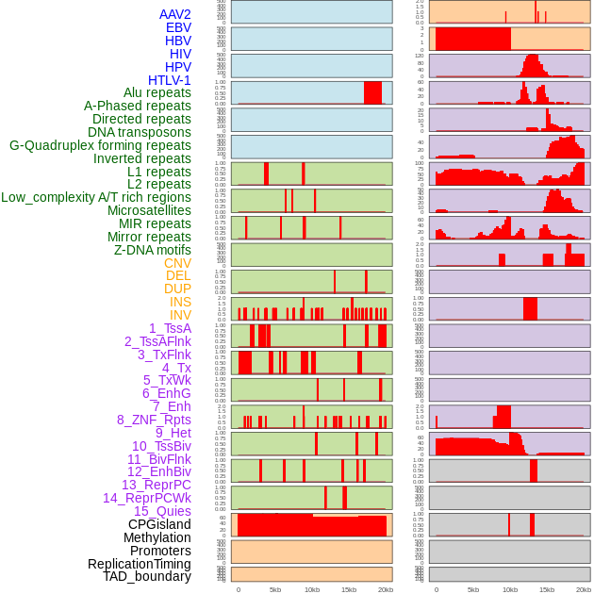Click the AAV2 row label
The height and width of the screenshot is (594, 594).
[175, 14]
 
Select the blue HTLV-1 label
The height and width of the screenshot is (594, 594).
[170, 80]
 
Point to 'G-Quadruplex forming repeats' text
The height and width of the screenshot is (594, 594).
[100, 145]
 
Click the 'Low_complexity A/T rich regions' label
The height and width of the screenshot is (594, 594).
[96, 197]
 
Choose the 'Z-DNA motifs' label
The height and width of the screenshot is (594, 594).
[153, 250]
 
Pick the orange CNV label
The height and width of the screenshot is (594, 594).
[177, 263]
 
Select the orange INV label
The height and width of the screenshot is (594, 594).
[180, 315]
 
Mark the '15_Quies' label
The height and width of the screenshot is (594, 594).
[162, 511]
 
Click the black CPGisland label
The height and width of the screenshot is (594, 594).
[159, 524]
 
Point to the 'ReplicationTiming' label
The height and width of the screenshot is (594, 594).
[139, 564]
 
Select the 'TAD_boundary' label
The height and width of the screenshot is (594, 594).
[147, 576]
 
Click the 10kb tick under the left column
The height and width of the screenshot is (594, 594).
[311, 589]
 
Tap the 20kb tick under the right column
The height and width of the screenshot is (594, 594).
[584, 589]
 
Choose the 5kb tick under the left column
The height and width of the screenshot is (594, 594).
[275, 589]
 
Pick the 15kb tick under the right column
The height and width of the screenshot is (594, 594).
[547, 589]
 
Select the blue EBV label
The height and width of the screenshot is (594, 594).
[178, 27]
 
